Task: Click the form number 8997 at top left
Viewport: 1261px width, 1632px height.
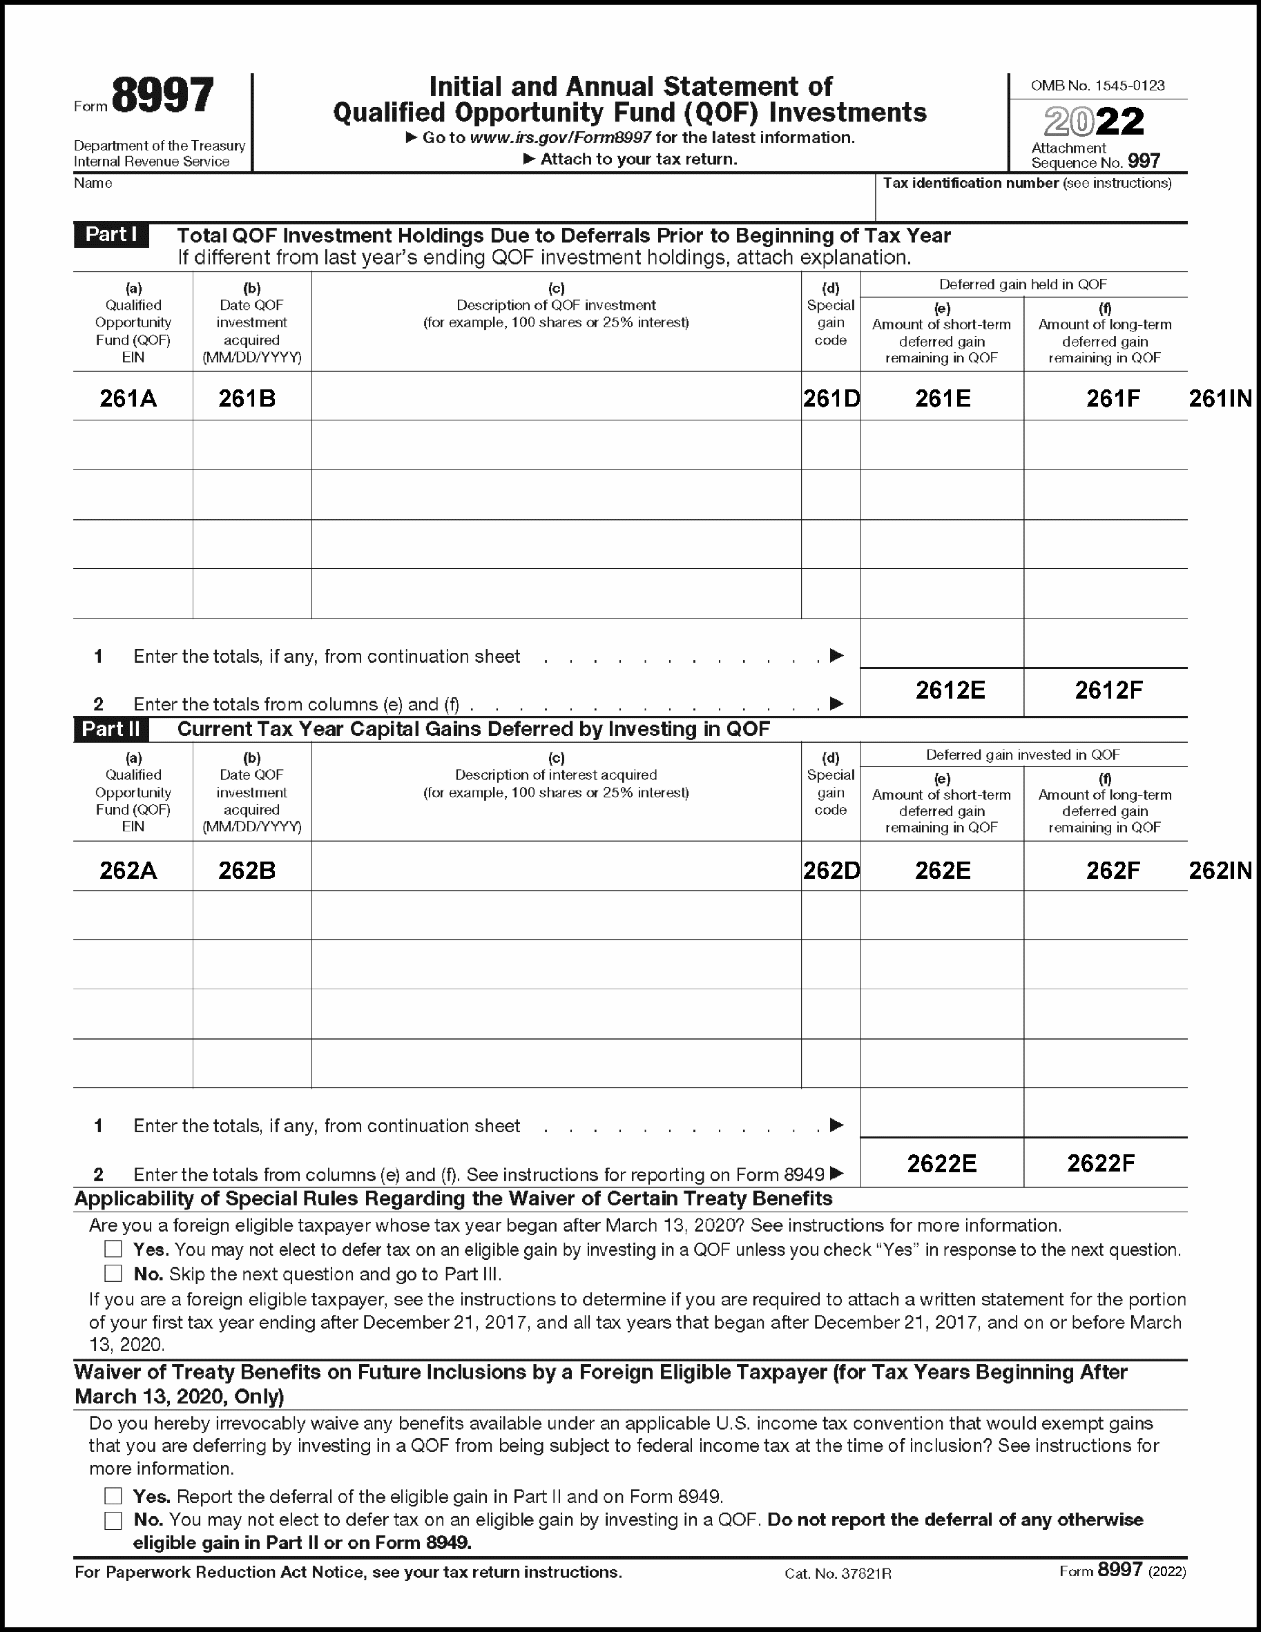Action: coord(162,97)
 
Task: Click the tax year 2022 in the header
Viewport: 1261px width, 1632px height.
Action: coord(1094,122)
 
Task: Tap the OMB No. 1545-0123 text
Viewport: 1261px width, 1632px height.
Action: coord(1097,86)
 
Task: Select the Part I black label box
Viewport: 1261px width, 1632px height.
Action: coord(110,235)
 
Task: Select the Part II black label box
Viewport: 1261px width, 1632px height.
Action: coord(110,728)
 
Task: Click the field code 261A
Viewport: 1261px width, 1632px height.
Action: coord(128,398)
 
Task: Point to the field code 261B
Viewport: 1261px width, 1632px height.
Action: coord(247,398)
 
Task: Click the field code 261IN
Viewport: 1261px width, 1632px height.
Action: coord(1220,398)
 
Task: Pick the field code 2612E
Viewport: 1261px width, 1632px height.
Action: coord(950,690)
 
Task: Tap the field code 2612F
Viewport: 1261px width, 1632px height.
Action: coord(1108,690)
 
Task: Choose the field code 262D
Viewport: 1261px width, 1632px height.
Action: coord(831,871)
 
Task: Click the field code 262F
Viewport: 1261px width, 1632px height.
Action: coord(1113,871)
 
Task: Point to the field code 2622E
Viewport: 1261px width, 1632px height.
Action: coord(942,1163)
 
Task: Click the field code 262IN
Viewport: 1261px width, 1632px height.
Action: coord(1220,871)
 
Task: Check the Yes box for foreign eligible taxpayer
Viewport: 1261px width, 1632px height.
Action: coord(113,1249)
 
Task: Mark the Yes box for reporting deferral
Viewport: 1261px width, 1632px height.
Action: coord(113,1495)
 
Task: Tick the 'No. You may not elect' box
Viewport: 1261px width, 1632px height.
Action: coord(113,1520)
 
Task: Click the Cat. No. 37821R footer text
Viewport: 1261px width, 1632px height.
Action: coord(838,1574)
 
